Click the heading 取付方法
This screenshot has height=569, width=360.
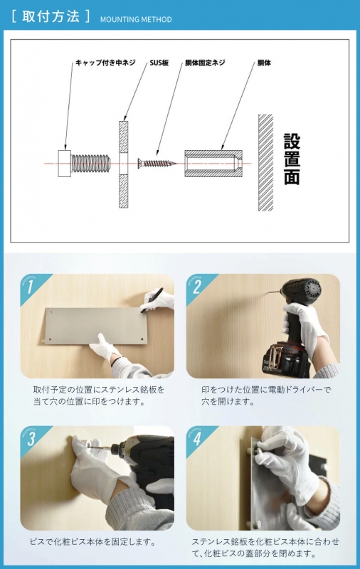point(51,16)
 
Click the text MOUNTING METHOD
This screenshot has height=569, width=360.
point(135,19)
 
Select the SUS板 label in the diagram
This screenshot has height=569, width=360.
point(159,63)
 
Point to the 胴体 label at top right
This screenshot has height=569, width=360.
point(264,63)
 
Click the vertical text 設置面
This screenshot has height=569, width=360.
point(291,159)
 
